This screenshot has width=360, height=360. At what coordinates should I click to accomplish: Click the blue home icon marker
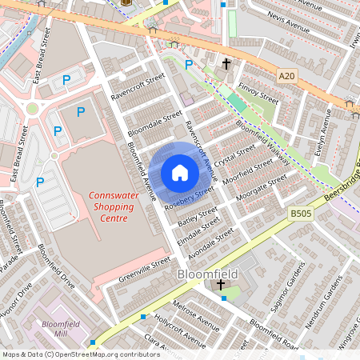(180, 173)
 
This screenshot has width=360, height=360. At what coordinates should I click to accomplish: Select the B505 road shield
(300, 214)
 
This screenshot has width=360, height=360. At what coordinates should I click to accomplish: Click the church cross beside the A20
(226, 63)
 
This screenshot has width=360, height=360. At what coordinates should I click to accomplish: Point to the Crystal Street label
(234, 154)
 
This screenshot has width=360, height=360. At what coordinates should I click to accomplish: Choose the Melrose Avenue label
(194, 318)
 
